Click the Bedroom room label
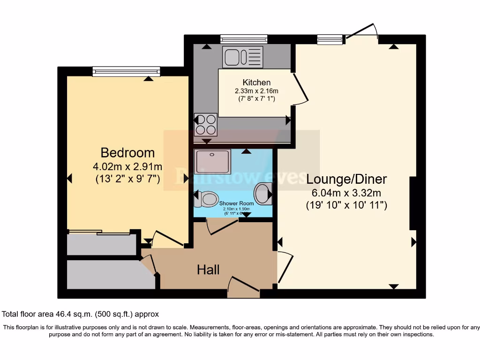coord(127,153)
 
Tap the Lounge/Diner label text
coord(346,179)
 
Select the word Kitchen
coord(256,82)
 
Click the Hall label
coord(208,270)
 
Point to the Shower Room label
coord(236,203)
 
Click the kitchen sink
coord(243,57)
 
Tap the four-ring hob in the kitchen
coord(205,124)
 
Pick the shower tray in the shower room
coord(213,161)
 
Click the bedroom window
coord(127,71)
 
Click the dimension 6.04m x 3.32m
coord(346,193)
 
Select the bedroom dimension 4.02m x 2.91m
coord(127,166)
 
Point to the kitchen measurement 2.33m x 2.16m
coord(256,91)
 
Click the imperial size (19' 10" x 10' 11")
coord(346,205)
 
